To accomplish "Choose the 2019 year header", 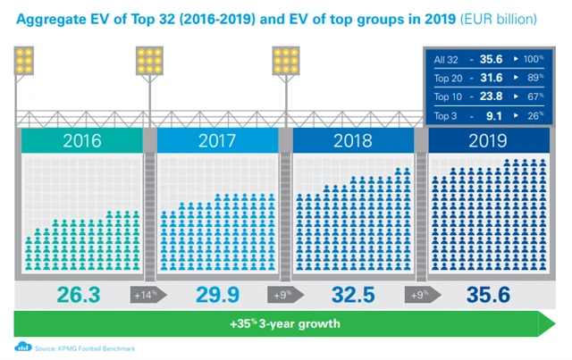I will click(x=486, y=141).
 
